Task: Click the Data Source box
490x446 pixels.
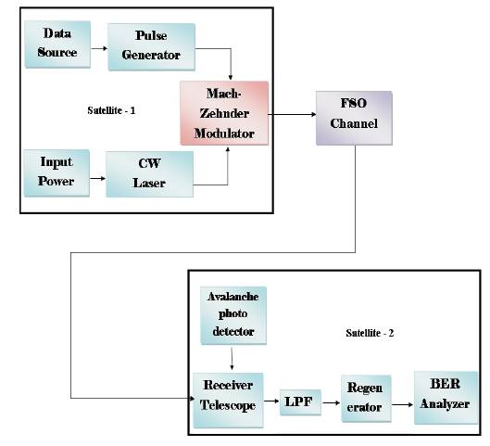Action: pyautogui.click(x=57, y=45)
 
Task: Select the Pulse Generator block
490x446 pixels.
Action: pyautogui.click(x=151, y=46)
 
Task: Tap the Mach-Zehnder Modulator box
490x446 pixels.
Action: pyautogui.click(x=224, y=113)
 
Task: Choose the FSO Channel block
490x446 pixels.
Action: pyautogui.click(x=354, y=118)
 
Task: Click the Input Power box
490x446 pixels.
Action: pyautogui.click(x=57, y=173)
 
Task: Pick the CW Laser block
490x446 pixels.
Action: pyautogui.click(x=149, y=174)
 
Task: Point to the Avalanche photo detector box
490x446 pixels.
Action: pyautogui.click(x=233, y=315)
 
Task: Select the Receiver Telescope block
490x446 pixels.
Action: pyautogui.click(x=228, y=400)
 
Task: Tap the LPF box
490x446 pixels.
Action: pyautogui.click(x=300, y=402)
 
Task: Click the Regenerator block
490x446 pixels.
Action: pyautogui.click(x=366, y=399)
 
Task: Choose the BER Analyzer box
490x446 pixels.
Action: pyautogui.click(x=446, y=398)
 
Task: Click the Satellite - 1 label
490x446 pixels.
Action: pyautogui.click(x=111, y=110)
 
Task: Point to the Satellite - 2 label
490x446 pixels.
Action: pyautogui.click(x=370, y=333)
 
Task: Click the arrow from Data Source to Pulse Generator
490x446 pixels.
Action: pyautogui.click(x=99, y=48)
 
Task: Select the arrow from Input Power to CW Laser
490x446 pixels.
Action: pyautogui.click(x=98, y=179)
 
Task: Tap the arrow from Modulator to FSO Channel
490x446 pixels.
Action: pyautogui.click(x=292, y=114)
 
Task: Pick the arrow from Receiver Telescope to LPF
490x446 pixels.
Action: pyautogui.click(x=271, y=401)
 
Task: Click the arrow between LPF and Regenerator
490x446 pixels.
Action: pyautogui.click(x=331, y=402)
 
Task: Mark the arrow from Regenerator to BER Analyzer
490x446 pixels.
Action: pyautogui.click(x=403, y=404)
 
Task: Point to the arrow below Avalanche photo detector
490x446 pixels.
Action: pyautogui.click(x=232, y=359)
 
